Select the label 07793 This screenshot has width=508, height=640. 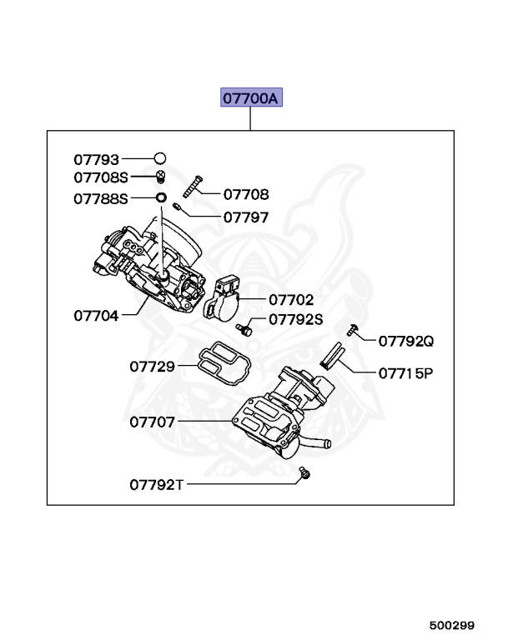tap(96, 158)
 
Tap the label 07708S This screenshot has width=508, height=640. tap(101, 177)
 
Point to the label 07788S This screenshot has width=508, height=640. tap(101, 199)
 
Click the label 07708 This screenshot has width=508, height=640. tap(246, 195)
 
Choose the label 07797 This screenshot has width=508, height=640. tap(246, 217)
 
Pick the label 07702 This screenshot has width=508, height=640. tap(290, 298)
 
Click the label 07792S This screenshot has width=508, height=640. tap(295, 319)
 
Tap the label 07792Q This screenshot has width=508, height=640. tap(406, 341)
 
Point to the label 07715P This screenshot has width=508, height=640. tap(406, 373)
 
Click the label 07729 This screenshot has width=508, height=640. tap(152, 366)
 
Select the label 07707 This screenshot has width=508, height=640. tap(152, 422)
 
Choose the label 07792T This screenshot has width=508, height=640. tap(156, 483)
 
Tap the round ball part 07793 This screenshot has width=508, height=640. tap(160, 157)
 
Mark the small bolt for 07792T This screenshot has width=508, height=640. tap(304, 474)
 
